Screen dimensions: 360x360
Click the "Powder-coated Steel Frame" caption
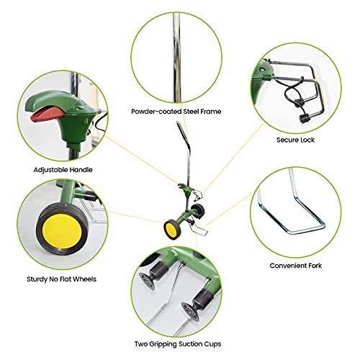click(176, 112)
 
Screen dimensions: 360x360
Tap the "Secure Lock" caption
click(295, 140)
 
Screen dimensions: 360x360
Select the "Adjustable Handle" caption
click(63, 170)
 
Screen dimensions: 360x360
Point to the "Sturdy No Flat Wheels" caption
click(61, 279)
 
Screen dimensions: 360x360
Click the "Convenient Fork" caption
click(296, 266)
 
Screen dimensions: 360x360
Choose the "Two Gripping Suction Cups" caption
click(178, 344)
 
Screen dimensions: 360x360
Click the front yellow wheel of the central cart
click(171, 230)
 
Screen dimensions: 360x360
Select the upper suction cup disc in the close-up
click(146, 282)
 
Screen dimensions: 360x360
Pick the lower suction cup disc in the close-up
click(190, 312)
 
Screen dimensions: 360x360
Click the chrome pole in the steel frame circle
click(176, 58)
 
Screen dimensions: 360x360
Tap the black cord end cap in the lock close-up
click(304, 118)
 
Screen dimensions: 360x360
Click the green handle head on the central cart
click(184, 189)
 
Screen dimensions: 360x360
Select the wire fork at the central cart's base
click(201, 230)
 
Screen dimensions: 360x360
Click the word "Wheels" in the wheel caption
click(84, 279)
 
